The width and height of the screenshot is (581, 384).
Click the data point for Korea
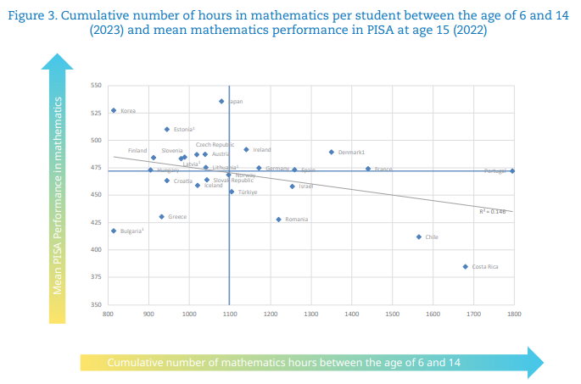pyautogui.click(x=113, y=110)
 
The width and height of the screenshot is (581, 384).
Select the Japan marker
pyautogui.click(x=221, y=101)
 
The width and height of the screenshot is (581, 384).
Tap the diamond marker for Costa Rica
pyautogui.click(x=465, y=266)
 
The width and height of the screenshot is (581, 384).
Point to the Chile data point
pyautogui.click(x=418, y=237)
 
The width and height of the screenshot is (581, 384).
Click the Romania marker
pyautogui.click(x=278, y=219)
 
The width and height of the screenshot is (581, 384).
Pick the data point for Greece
pyautogui.click(x=161, y=216)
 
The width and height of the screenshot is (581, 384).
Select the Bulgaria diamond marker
pyautogui.click(x=114, y=231)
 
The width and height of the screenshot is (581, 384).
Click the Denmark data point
pyautogui.click(x=331, y=152)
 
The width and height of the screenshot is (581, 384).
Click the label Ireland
pyautogui.click(x=262, y=150)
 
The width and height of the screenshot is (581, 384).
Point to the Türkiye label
pyautogui.click(x=248, y=192)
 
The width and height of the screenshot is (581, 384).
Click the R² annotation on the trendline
pyautogui.click(x=492, y=212)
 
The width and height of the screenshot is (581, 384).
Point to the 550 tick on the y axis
pyautogui.click(x=95, y=86)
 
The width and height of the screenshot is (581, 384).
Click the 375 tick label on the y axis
pyautogui.click(x=95, y=277)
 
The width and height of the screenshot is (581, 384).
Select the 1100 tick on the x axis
pyautogui.click(x=229, y=314)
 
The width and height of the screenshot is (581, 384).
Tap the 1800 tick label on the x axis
pyautogui.click(x=513, y=314)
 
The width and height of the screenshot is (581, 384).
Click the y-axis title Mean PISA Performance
pyautogui.click(x=58, y=194)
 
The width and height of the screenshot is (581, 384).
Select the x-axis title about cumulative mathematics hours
pyautogui.click(x=284, y=363)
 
